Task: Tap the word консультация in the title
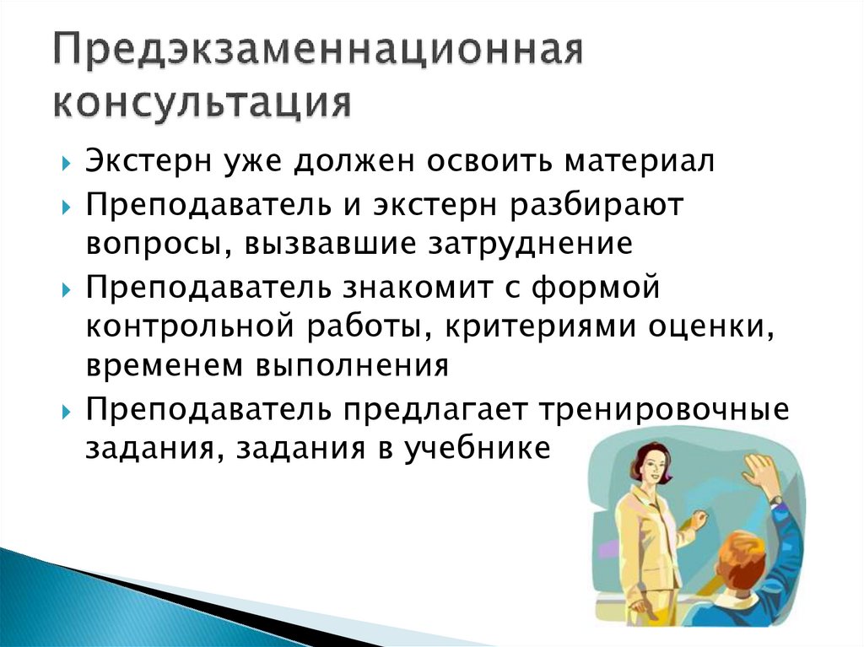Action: [202, 105]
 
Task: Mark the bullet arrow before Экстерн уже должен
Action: [67, 163]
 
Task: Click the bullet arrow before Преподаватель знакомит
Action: [67, 288]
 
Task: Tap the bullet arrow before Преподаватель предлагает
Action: [67, 411]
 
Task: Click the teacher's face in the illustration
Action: [644, 469]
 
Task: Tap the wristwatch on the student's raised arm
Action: [775, 499]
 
